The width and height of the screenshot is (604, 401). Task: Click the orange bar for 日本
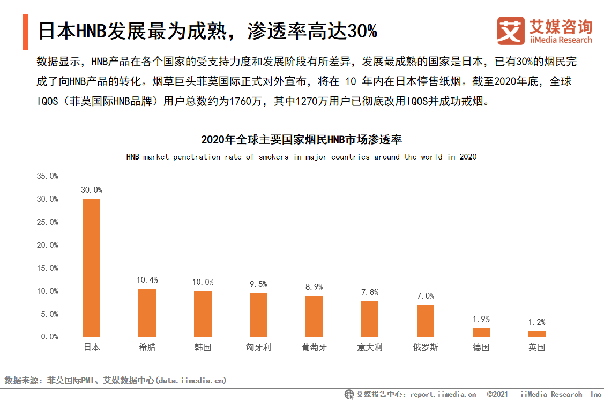tap(92, 268)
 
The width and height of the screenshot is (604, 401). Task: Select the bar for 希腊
tap(147, 313)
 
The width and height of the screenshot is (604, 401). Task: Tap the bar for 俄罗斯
tap(426, 320)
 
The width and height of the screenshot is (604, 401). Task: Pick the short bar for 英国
tap(536, 334)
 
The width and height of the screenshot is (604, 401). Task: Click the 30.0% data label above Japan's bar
tap(92, 190)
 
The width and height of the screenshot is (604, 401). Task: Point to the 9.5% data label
tap(258, 284)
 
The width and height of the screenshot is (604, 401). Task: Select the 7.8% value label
tap(370, 292)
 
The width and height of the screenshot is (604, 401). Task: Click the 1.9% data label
tap(481, 319)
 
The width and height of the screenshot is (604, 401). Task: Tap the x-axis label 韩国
tap(203, 347)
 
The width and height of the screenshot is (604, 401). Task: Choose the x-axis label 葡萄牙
tap(314, 347)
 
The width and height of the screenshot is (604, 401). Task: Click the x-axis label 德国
tap(481, 347)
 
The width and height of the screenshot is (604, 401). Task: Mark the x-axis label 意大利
tap(370, 347)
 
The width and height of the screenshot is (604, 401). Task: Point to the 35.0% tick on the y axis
tap(47, 176)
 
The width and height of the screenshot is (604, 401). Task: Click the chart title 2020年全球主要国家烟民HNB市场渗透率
tap(301, 140)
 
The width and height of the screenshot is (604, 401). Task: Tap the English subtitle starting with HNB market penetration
tap(301, 157)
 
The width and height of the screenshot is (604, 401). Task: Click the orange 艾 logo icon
tap(511, 31)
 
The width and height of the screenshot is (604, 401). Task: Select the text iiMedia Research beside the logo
tap(561, 40)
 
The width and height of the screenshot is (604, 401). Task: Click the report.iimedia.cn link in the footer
tap(443, 395)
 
